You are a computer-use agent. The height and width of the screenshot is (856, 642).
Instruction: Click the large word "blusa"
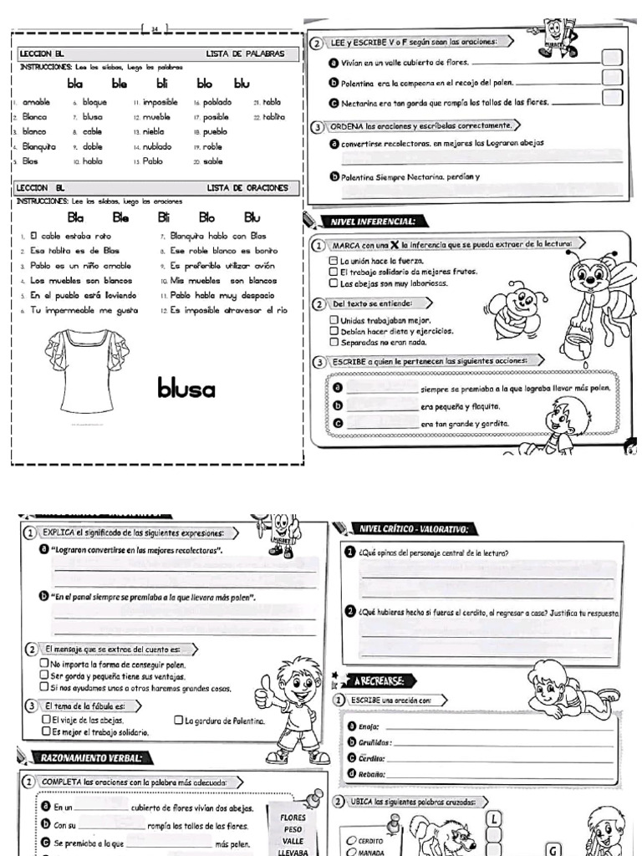[x=186, y=389]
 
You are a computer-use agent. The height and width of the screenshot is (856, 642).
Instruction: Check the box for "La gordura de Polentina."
[x=178, y=721]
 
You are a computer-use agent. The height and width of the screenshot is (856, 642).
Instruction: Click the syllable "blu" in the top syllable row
[x=242, y=84]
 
